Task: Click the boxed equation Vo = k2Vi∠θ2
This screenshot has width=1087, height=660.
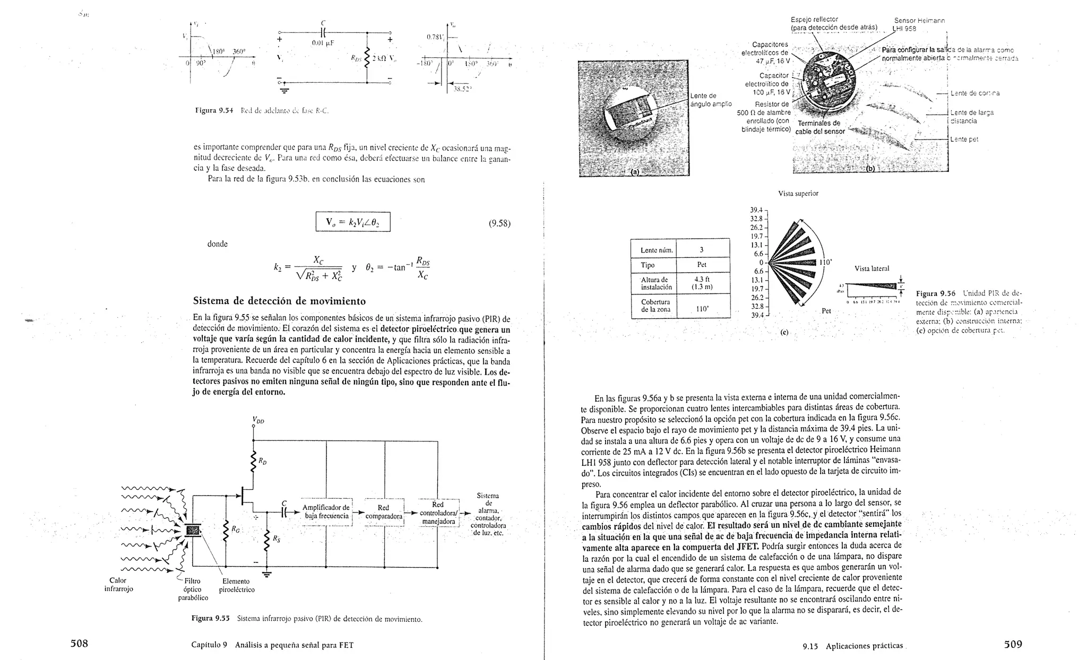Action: click(x=353, y=222)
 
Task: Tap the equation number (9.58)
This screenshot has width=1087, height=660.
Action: click(x=499, y=223)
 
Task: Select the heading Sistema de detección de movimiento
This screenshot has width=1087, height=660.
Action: click(x=279, y=301)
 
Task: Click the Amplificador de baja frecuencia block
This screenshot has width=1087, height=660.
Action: click(x=326, y=512)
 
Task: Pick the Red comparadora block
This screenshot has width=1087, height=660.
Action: click(x=383, y=512)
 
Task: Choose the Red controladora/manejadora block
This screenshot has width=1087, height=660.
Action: click(x=438, y=513)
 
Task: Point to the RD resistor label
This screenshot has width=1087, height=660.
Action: click(x=263, y=463)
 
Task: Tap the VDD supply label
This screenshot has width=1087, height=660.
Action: click(x=258, y=421)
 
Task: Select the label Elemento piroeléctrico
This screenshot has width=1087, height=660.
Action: click(x=237, y=585)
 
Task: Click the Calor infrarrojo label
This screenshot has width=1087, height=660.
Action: click(x=118, y=584)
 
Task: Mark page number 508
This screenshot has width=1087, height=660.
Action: click(x=79, y=644)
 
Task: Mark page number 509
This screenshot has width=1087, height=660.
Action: click(x=1013, y=645)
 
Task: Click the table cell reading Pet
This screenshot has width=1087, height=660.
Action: click(x=701, y=265)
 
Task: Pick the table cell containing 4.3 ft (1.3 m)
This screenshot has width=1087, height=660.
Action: click(x=701, y=283)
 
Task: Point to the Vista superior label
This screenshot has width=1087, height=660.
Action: click(x=798, y=194)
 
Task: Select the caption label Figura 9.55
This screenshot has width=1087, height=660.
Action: click(x=210, y=618)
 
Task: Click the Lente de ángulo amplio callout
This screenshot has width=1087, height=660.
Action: click(x=711, y=100)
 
